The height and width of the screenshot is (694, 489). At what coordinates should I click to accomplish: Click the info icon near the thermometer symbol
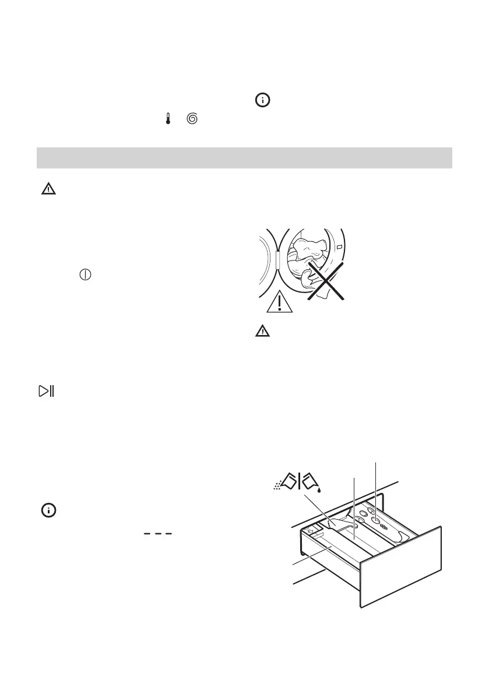tap(263, 101)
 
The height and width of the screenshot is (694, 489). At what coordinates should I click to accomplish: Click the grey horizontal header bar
tap(244, 158)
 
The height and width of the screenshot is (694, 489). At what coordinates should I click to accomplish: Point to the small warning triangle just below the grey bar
tap(48, 188)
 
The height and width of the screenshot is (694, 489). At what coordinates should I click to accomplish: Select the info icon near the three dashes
tap(48, 510)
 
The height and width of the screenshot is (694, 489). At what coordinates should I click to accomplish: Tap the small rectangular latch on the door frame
tap(339, 250)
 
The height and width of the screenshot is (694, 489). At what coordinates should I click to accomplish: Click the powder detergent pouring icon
tap(286, 483)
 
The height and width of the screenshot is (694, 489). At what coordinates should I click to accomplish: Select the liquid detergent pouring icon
tap(311, 481)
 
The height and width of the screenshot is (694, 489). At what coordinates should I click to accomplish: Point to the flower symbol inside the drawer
tap(383, 526)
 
